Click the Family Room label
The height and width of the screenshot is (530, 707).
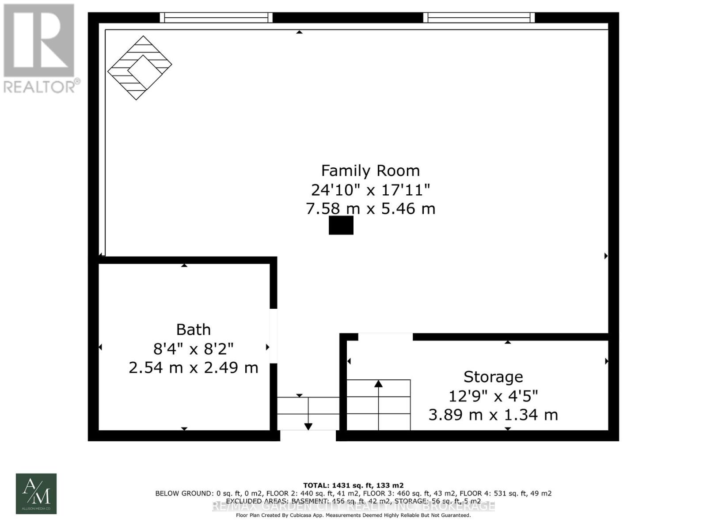coord(370,170)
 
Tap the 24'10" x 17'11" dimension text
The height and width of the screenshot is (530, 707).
coord(370,190)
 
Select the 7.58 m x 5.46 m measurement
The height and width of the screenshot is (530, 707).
coord(370,208)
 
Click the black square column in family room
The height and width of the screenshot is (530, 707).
coord(341,225)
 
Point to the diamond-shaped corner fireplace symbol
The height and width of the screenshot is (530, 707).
coord(140,68)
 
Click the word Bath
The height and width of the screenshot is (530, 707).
coord(193,329)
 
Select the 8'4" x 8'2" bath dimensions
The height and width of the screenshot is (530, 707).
coord(193,349)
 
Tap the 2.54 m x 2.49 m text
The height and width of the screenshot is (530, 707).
coord(193,367)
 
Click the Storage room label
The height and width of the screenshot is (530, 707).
coord(493,377)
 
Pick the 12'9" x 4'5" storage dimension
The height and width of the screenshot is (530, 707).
coord(493,396)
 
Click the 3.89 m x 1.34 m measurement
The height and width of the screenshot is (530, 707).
coord(493,415)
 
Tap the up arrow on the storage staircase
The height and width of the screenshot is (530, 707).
coord(378,384)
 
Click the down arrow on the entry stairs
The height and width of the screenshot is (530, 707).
coord(308,426)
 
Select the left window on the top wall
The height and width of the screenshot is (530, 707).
coord(216,18)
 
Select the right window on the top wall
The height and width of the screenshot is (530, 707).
coord(479,18)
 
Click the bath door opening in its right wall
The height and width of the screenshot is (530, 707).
coord(274,336)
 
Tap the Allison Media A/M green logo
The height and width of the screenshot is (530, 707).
coord(36,493)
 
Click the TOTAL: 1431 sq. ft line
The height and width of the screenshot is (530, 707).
coord(353,485)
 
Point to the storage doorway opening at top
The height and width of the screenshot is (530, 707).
coord(385,337)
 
